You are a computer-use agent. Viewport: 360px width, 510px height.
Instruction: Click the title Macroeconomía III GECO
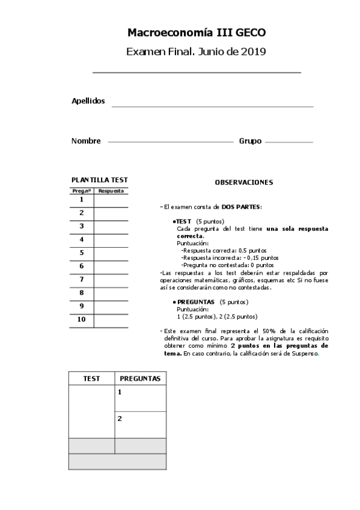pos(197,32)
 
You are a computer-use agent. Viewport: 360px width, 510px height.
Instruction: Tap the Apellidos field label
pos(88,101)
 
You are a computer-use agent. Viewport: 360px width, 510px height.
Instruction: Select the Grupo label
pos(250,141)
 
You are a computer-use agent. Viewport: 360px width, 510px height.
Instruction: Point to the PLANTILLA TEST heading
pos(99,180)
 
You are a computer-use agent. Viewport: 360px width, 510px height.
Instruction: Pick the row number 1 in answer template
pos(81,200)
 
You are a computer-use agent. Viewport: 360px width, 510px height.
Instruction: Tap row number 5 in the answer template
pos(81,253)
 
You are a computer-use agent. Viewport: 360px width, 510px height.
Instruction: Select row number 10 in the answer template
pos(81,319)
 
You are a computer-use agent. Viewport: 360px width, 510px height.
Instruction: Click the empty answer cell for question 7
pos(111,280)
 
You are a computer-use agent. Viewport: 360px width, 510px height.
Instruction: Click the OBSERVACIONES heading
pos(243,182)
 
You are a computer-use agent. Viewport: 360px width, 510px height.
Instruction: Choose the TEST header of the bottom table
pos(91,378)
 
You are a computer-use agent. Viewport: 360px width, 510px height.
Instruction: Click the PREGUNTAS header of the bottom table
pos(140,378)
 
